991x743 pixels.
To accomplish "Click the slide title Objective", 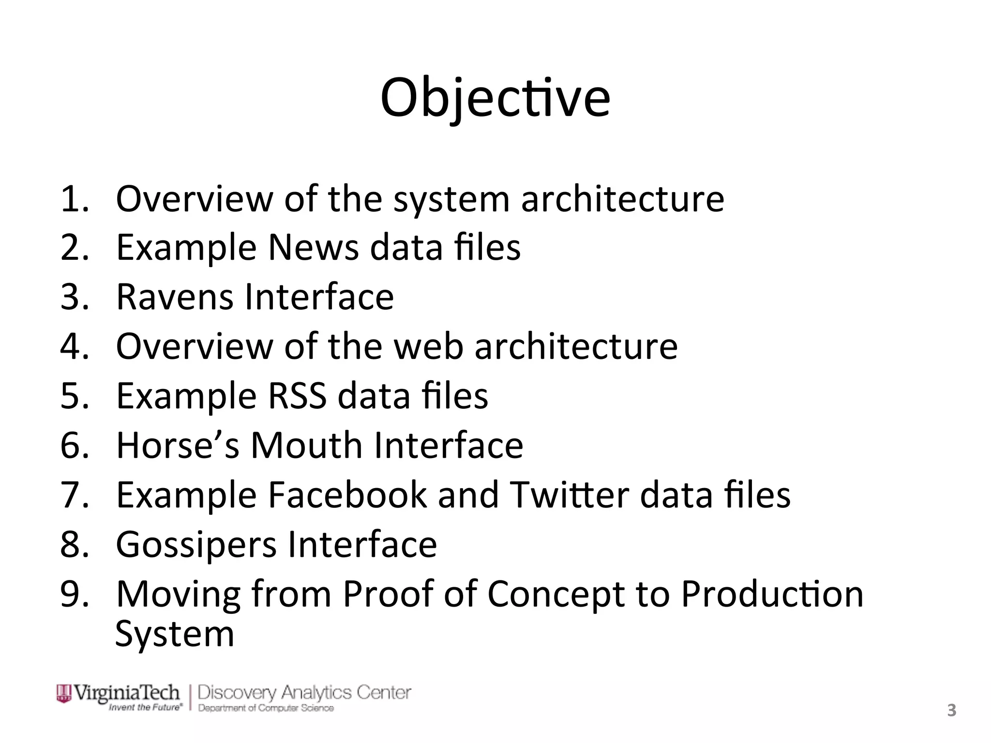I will pyautogui.click(x=495, y=98).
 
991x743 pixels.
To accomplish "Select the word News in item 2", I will pyautogui.click(x=313, y=247).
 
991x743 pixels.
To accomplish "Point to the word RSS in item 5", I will pyautogui.click(x=297, y=396).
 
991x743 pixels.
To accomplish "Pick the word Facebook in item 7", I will pyautogui.click(x=347, y=495).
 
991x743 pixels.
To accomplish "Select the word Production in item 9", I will pyautogui.click(x=772, y=594).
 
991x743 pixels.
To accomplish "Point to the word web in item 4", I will pyautogui.click(x=429, y=346).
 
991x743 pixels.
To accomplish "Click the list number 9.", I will pyautogui.click(x=74, y=594).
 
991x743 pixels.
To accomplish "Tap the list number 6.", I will pyautogui.click(x=74, y=445).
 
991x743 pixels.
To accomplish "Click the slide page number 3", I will pyautogui.click(x=951, y=711).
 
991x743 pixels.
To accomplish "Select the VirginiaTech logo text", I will pyautogui.click(x=126, y=693).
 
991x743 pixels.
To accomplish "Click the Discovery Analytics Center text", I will pyautogui.click(x=304, y=693).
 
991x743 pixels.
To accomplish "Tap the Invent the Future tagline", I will pyautogui.click(x=146, y=707).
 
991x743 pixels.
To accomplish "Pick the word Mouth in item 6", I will pyautogui.click(x=306, y=445).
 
